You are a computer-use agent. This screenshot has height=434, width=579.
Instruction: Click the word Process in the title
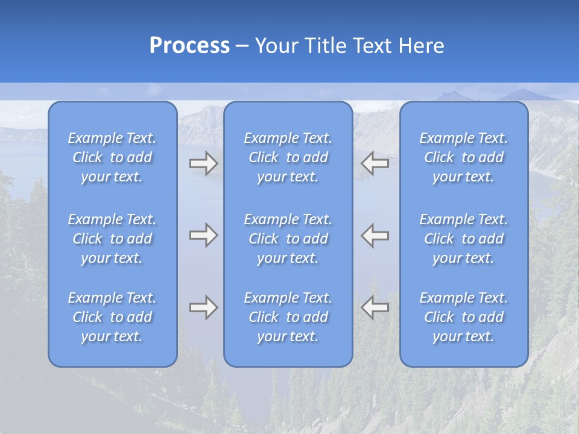point(189,46)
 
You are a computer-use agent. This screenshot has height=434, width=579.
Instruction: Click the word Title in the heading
point(323,46)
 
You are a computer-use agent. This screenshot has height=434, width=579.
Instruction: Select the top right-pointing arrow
point(203,163)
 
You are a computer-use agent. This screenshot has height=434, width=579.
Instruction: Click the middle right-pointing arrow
point(203,235)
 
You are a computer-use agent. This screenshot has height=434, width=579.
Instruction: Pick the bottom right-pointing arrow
point(203,307)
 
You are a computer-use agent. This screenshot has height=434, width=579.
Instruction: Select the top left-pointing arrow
point(375,163)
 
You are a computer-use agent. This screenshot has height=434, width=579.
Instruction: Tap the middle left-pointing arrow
point(375,235)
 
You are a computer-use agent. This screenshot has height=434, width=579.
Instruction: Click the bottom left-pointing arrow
point(375,307)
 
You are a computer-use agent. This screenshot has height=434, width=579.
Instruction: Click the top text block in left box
point(112,157)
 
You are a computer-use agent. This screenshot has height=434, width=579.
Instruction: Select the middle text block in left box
point(112,239)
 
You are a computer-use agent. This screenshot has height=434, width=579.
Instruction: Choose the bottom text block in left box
point(112,317)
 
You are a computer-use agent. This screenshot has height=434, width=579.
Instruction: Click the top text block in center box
point(288,157)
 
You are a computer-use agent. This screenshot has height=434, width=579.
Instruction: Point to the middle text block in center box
point(288,239)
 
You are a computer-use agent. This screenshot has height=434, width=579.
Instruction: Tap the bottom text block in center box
point(288,317)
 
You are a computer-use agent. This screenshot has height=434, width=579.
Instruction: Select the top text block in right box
point(463,157)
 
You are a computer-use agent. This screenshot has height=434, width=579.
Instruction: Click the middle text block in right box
point(463,239)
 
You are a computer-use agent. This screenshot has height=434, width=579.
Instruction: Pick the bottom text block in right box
point(463,317)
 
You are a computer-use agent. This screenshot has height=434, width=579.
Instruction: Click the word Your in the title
point(276,46)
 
